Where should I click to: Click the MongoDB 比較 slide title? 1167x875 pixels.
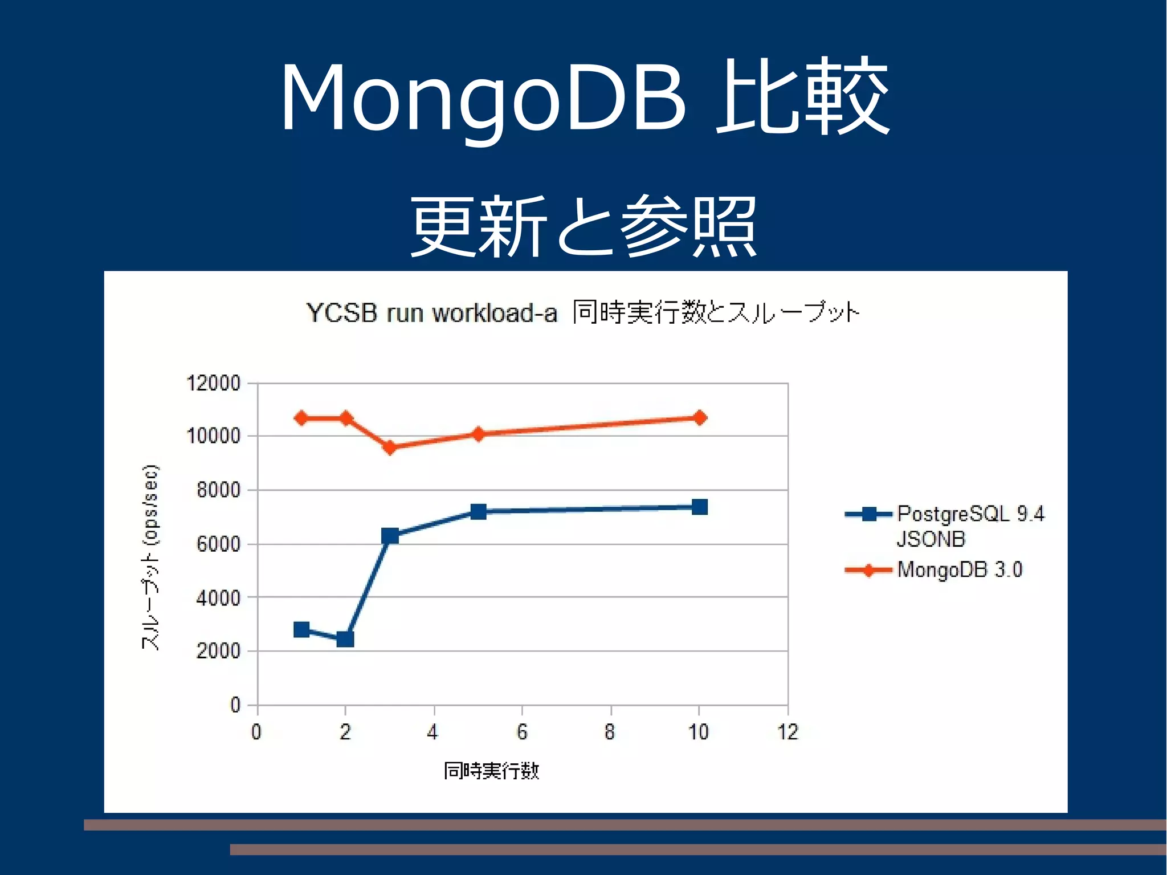[x=585, y=97]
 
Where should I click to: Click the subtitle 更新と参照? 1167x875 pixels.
[x=583, y=226]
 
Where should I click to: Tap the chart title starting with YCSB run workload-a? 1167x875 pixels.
[x=582, y=312]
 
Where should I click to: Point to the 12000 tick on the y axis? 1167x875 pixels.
[x=214, y=383]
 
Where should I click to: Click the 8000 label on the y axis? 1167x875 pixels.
[x=218, y=490]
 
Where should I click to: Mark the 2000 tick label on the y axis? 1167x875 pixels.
[x=218, y=650]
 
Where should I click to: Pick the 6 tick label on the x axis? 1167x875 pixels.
[x=522, y=732]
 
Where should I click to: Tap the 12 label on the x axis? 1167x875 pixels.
[x=787, y=732]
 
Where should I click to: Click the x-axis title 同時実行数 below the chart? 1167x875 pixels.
[x=491, y=771]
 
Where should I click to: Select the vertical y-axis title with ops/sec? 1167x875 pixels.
[x=150, y=557]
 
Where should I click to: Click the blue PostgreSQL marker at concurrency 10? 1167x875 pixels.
[x=699, y=507]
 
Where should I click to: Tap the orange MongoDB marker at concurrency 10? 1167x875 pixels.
[x=699, y=418]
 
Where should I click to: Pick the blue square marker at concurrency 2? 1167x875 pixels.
[x=345, y=639]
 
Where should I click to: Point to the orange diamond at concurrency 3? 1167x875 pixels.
[x=390, y=447]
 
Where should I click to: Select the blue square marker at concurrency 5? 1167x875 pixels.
[x=479, y=511]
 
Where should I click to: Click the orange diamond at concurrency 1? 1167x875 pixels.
[x=301, y=418]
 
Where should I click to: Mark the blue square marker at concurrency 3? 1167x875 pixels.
[x=390, y=535]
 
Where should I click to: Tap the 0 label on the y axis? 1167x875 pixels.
[x=235, y=705]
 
